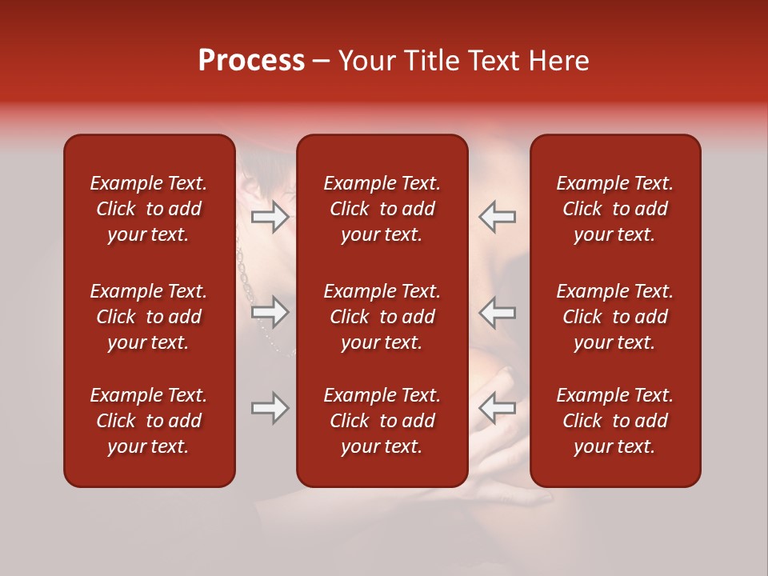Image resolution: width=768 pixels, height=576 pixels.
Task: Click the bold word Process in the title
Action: pos(251,61)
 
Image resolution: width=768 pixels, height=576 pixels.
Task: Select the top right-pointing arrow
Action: pos(270,217)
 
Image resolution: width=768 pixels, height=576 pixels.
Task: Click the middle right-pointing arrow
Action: pos(270,312)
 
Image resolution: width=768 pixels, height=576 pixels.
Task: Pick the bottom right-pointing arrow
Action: pos(270,408)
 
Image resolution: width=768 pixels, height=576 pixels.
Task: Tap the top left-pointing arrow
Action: pos(497,217)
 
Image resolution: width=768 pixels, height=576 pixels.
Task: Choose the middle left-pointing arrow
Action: pos(497,312)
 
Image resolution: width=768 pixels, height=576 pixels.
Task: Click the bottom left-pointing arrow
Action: pos(497,408)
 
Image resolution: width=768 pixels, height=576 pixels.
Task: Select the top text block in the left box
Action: pos(149,209)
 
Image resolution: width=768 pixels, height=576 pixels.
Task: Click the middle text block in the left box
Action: pos(149,317)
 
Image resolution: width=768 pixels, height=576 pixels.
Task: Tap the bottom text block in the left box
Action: pos(149,421)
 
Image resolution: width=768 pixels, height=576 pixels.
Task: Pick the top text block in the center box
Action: pos(382,209)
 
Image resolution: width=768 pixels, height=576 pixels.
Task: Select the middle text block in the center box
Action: pos(382,317)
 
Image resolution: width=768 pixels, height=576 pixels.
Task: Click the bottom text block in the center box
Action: pos(382,421)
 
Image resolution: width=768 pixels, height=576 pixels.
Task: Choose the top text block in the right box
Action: pos(614,209)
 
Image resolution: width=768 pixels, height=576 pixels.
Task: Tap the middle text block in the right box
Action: pos(614,317)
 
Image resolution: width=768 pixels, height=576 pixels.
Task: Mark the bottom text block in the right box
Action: pos(614,421)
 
